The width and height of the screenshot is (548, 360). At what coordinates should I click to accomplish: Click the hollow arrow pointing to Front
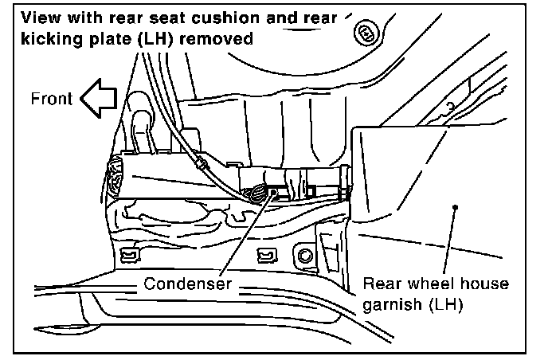click(98, 100)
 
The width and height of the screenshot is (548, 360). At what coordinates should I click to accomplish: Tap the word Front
click(52, 100)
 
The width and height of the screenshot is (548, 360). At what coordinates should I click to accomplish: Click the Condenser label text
click(188, 284)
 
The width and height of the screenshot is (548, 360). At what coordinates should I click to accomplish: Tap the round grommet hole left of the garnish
click(304, 256)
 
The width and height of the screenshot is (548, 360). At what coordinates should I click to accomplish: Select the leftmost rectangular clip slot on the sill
click(125, 255)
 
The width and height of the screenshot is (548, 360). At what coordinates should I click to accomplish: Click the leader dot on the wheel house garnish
click(456, 206)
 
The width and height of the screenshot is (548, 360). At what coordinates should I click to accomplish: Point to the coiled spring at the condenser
click(258, 194)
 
